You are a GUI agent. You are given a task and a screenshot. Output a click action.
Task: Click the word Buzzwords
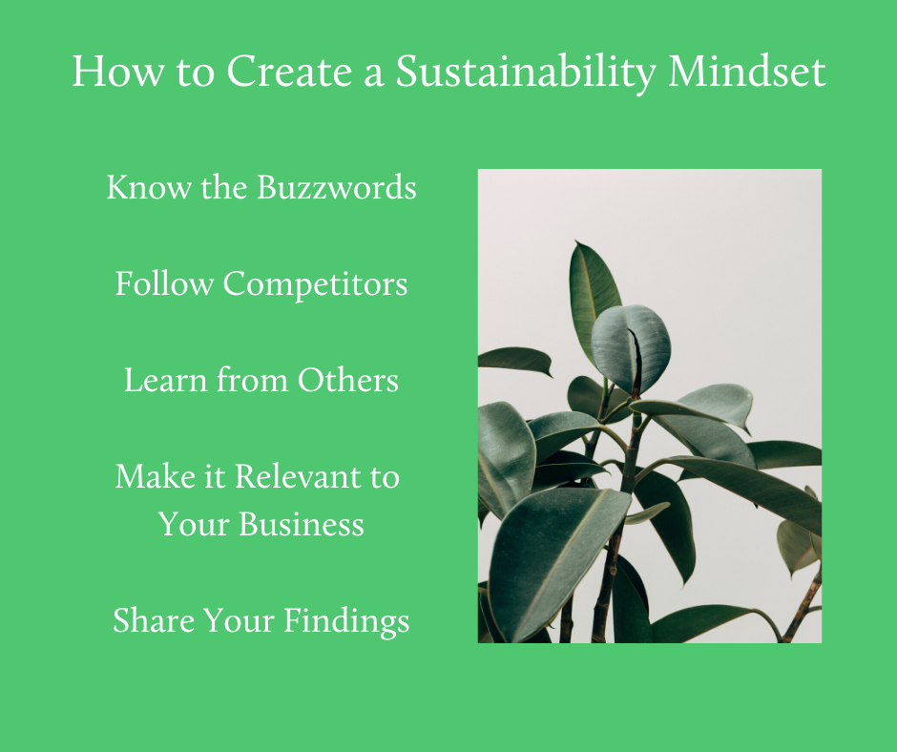337,187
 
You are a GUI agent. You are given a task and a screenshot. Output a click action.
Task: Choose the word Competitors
315,284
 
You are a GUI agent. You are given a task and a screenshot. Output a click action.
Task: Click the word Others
347,381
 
